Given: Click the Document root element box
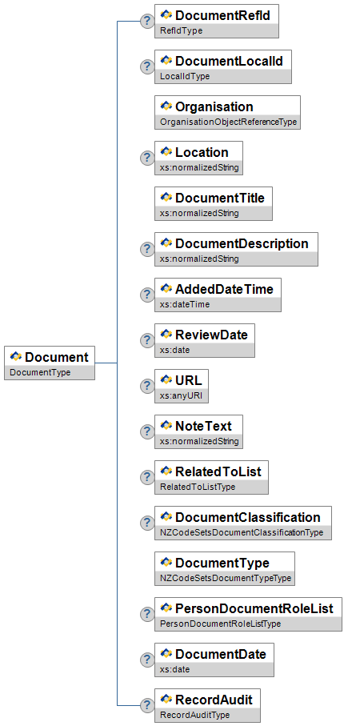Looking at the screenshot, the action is pyautogui.click(x=50, y=363).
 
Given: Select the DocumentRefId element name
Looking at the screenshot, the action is pyautogui.click(x=222, y=15).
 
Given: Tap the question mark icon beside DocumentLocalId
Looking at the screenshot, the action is pyautogui.click(x=146, y=66).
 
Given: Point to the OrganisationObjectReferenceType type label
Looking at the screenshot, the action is pyautogui.click(x=228, y=122).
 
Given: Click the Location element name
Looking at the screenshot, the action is pyautogui.click(x=202, y=152).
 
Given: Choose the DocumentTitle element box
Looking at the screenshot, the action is pyautogui.click(x=214, y=203).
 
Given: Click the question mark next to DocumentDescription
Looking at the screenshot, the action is pyautogui.click(x=146, y=249).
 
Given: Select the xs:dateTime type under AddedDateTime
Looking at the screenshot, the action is pyautogui.click(x=185, y=305).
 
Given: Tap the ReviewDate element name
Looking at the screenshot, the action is pyautogui.click(x=211, y=335).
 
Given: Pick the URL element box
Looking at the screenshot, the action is pyautogui.click(x=182, y=386).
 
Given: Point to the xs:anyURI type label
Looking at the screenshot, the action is pyautogui.click(x=178, y=396).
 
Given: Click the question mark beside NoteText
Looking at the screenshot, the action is pyautogui.click(x=146, y=431).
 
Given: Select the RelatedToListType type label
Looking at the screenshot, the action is pyautogui.click(x=198, y=487).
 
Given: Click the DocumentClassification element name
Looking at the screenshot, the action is pyautogui.click(x=248, y=517).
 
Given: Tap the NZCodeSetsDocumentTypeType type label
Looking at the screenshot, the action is pyautogui.click(x=226, y=578).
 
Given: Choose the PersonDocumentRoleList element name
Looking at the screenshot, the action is pyautogui.click(x=254, y=608).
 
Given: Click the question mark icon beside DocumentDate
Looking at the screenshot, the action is pyautogui.click(x=146, y=660).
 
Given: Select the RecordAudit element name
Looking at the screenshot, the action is pyautogui.click(x=214, y=699).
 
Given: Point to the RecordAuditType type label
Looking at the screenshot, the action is pyautogui.click(x=195, y=715).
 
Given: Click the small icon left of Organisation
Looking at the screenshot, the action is pyautogui.click(x=166, y=106).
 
